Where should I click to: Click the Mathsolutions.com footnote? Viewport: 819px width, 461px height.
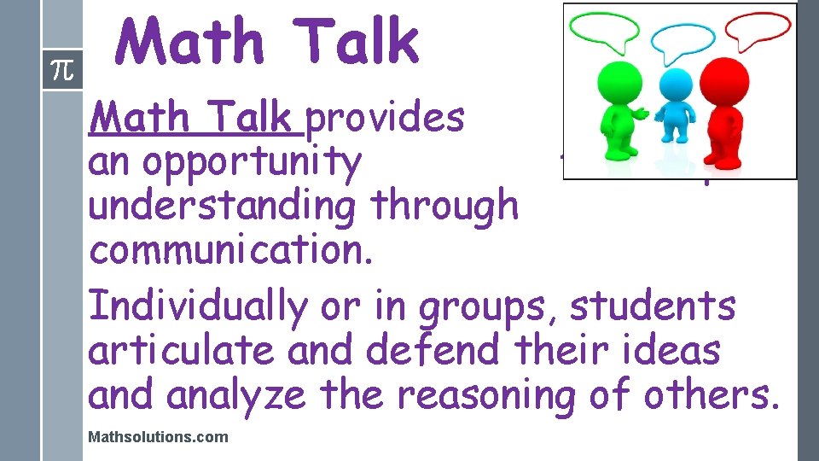pyautogui.click(x=158, y=437)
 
